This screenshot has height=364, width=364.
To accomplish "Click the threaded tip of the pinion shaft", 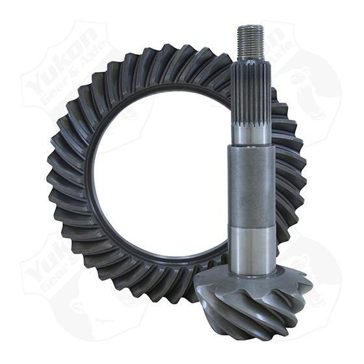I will coord(250,40).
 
